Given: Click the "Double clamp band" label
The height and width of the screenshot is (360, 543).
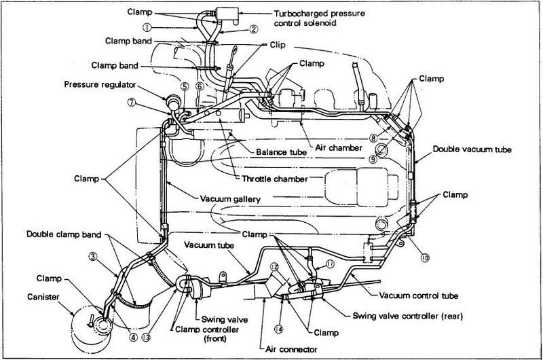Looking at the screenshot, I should [64, 234].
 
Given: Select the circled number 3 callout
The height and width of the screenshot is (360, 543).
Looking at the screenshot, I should [92, 257].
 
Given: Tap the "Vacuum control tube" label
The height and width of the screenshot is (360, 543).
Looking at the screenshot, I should [418, 296].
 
